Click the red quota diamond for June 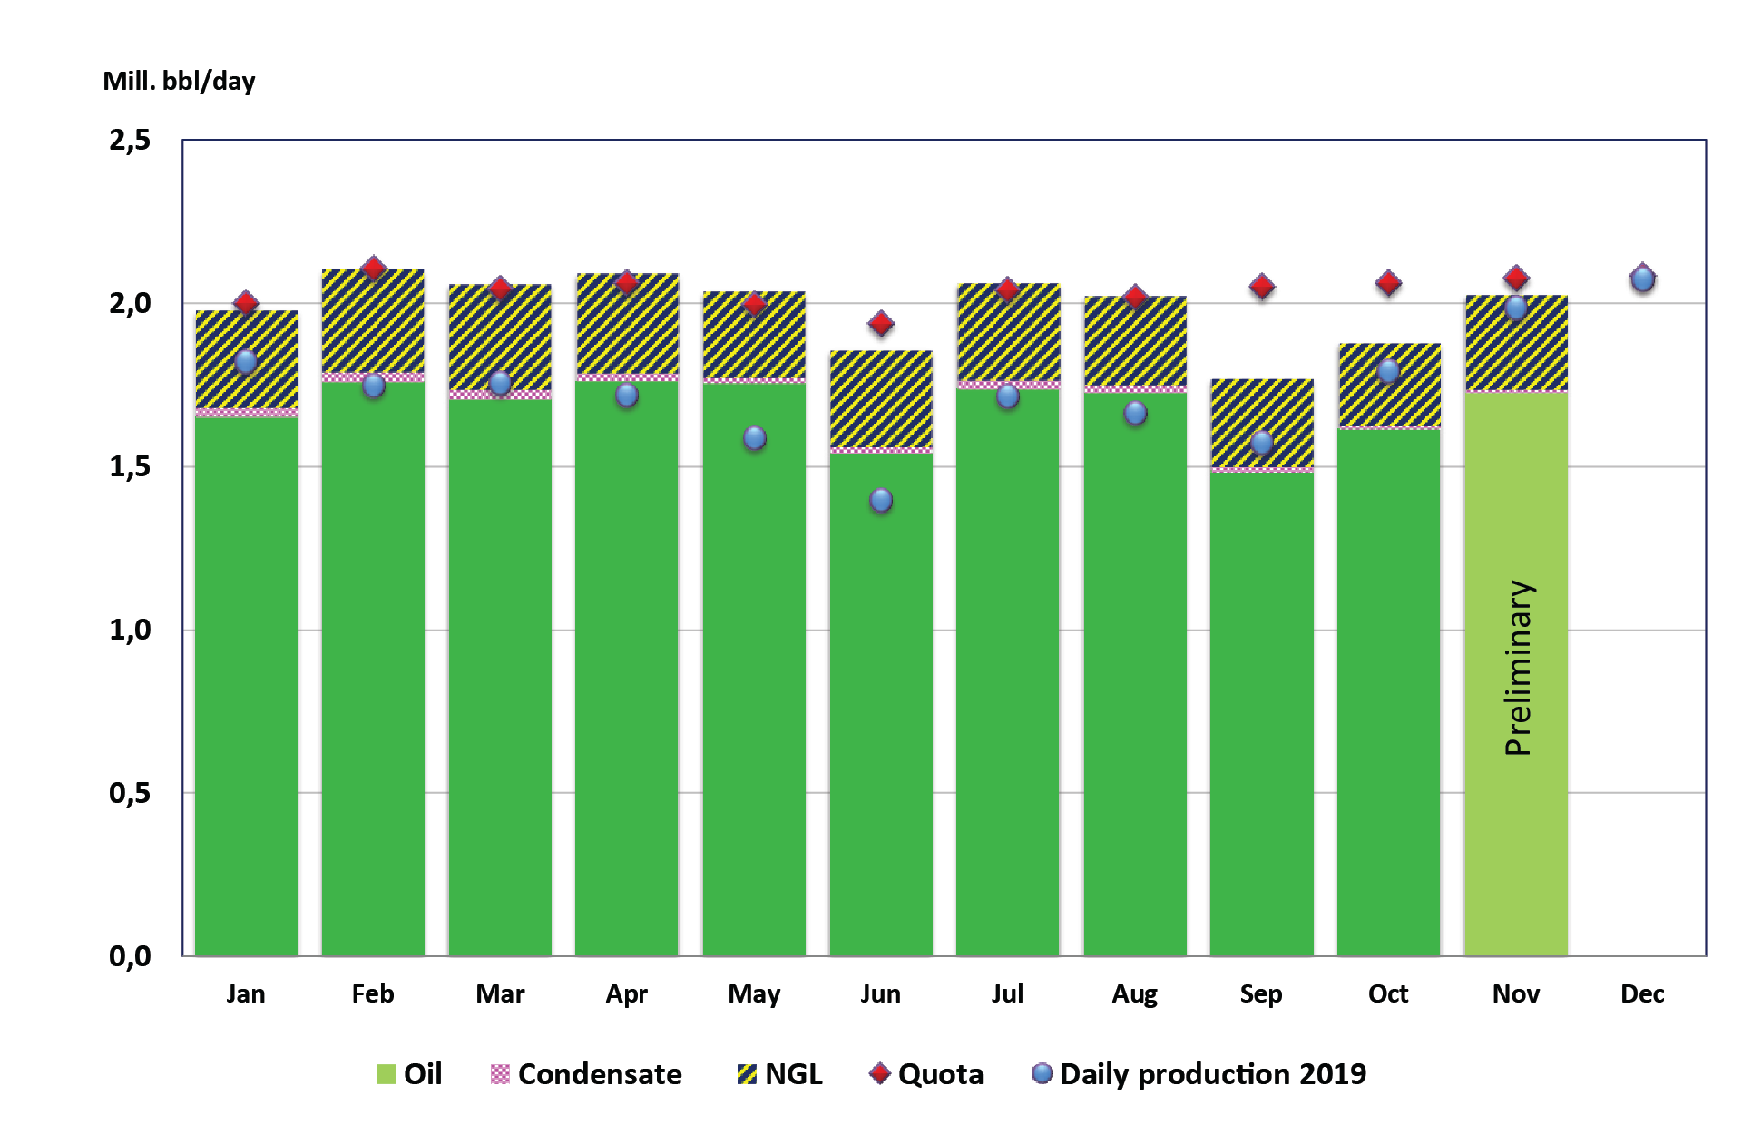click(880, 324)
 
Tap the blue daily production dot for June click(880, 500)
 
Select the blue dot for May click(754, 438)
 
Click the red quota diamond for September click(1261, 287)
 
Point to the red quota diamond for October click(1388, 283)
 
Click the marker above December click(1642, 278)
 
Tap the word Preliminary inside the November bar click(1518, 668)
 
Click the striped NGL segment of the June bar click(880, 399)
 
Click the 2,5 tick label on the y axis click(130, 141)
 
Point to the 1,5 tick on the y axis click(130, 467)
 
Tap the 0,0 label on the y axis click(130, 956)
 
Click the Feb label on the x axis click(373, 994)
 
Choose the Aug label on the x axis click(1134, 994)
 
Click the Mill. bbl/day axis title click(179, 82)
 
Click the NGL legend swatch click(747, 1074)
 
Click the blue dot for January click(246, 361)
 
